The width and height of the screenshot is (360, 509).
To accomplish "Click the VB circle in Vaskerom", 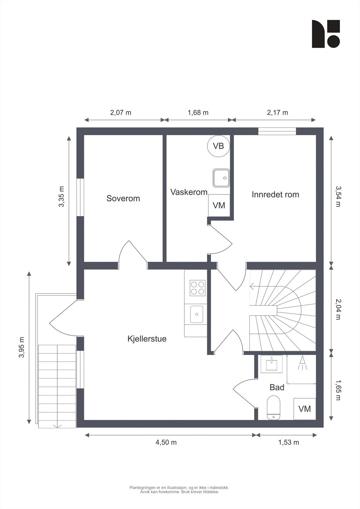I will pyautogui.click(x=218, y=146).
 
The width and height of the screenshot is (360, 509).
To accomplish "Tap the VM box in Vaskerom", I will pyautogui.click(x=219, y=206).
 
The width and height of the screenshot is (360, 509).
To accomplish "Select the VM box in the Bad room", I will pyautogui.click(x=305, y=409).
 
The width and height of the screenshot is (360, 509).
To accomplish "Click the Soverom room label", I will pyautogui.click(x=123, y=199).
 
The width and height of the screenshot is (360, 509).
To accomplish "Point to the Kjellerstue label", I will pyautogui.click(x=147, y=339).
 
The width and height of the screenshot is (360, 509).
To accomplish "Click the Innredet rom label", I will pyautogui.click(x=275, y=194).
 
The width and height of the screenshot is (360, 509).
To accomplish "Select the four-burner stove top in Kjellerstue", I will pyautogui.click(x=197, y=288).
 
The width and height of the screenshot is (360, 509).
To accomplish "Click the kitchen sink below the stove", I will pyautogui.click(x=197, y=314).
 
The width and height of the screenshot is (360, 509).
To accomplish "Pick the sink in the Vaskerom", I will pyautogui.click(x=221, y=178).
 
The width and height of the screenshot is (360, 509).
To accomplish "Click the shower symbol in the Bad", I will pyautogui.click(x=302, y=363).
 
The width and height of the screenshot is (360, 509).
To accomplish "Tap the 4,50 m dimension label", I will pyautogui.click(x=166, y=442).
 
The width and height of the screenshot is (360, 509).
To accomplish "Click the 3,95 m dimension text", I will pyautogui.click(x=22, y=347).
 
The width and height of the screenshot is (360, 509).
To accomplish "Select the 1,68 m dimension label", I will pyautogui.click(x=198, y=112).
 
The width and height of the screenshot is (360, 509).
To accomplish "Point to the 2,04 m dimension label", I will pyautogui.click(x=338, y=309).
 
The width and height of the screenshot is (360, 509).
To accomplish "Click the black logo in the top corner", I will pyautogui.click(x=326, y=34).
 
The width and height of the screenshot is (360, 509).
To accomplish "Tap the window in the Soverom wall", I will pyautogui.click(x=80, y=198).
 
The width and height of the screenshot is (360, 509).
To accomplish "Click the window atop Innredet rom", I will pyautogui.click(x=277, y=131).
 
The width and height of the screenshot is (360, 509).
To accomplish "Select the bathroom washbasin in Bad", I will pyautogui.click(x=272, y=364).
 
